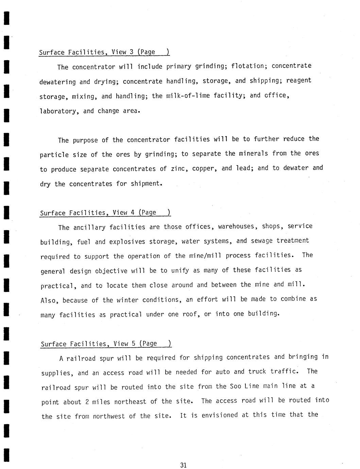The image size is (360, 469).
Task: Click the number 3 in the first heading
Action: pos(131,52)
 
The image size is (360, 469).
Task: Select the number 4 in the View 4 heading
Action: pos(133,213)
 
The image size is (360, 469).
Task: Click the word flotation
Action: pos(247,66)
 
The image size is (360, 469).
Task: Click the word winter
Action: pos(127,300)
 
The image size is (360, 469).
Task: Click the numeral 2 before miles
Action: pos(87,402)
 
